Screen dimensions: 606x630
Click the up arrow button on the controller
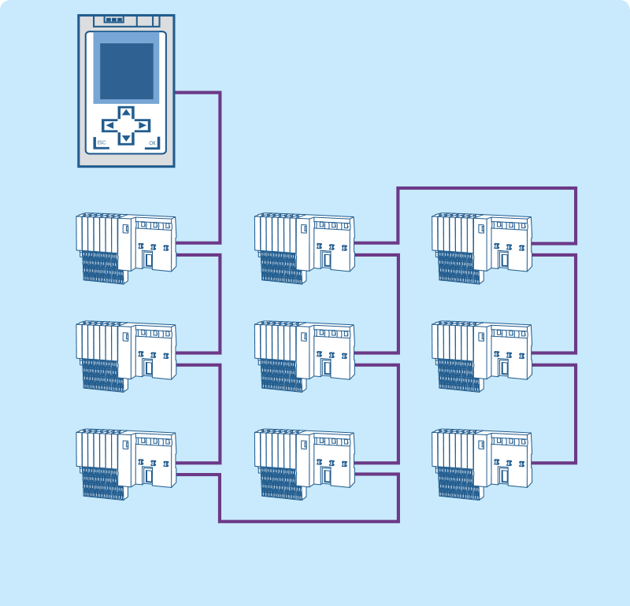126,113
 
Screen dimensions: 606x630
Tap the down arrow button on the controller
126,139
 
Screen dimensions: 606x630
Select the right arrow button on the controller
142,125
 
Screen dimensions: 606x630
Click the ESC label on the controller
102,142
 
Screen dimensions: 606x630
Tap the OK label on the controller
152,142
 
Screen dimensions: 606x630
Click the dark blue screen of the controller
126,71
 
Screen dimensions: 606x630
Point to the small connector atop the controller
114,20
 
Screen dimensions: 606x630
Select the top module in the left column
126,247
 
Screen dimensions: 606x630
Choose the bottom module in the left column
126,464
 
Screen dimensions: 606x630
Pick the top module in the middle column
304,247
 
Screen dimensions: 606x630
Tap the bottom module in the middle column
304,464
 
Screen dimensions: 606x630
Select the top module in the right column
482,247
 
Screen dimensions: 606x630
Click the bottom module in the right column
482,464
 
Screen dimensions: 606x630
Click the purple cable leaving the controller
197,93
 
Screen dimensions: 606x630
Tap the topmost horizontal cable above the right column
487,188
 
